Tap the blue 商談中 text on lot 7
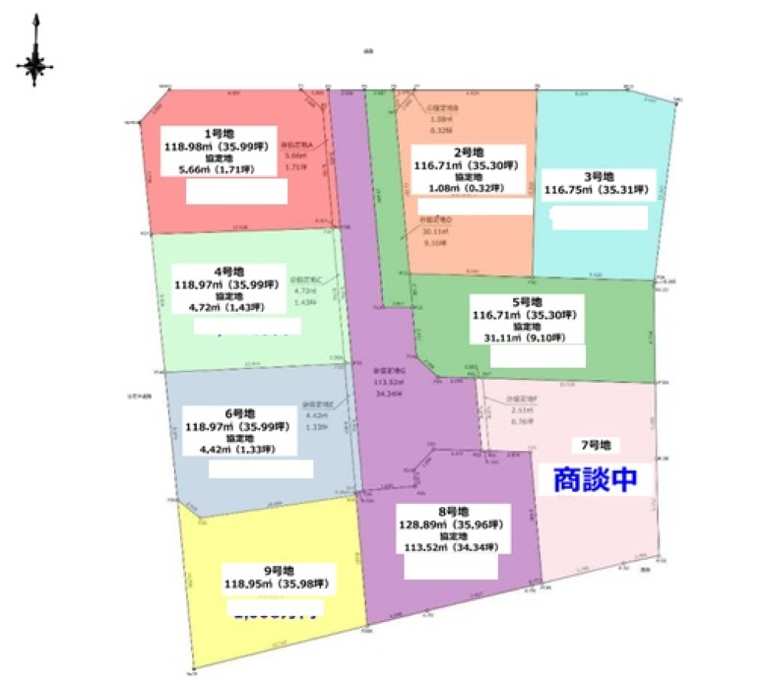595,479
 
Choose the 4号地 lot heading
228,272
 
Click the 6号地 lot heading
236,414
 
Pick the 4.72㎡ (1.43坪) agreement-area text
228,308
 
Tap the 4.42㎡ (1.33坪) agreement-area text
236,450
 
